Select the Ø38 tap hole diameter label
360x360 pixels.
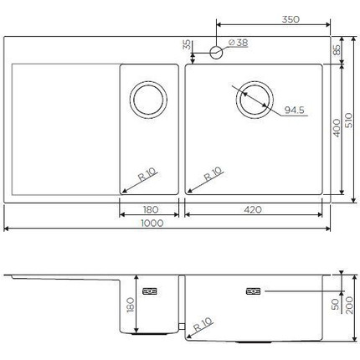point(237,44)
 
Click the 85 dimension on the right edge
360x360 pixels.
point(337,50)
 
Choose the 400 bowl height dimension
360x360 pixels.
point(337,128)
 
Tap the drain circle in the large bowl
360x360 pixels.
point(254,100)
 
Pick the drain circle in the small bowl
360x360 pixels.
point(150,100)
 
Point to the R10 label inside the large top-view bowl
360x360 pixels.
point(213,177)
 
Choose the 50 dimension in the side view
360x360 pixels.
point(337,305)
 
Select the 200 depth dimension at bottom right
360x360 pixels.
point(352,307)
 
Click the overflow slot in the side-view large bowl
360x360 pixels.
point(253,292)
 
